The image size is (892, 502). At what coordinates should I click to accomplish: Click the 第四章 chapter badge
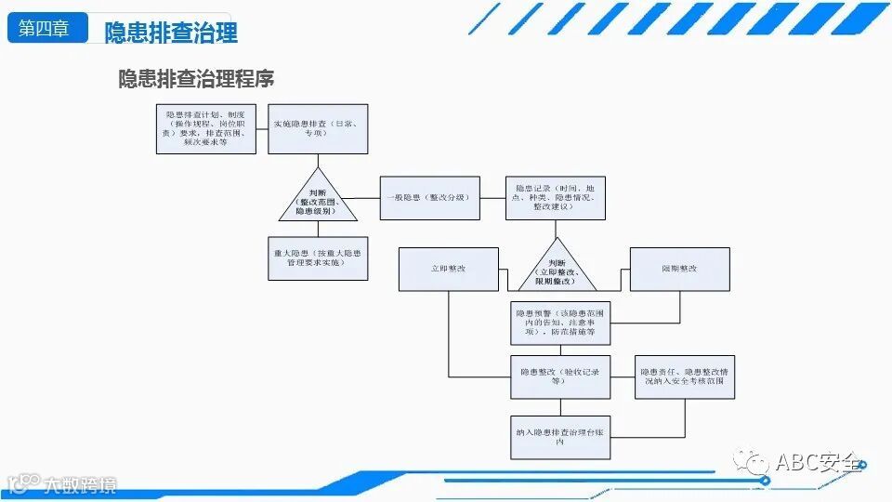45,28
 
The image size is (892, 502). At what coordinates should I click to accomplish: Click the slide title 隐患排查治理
171,33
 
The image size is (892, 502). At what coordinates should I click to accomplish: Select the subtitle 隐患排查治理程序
196,79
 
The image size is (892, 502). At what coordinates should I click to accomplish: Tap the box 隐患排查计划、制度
205,129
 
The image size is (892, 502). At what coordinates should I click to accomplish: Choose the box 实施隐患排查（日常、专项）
319,129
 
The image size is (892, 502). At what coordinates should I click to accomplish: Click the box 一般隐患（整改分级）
430,198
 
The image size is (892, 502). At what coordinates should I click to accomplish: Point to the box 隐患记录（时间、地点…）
555,198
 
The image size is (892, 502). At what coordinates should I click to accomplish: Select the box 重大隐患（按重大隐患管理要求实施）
318,258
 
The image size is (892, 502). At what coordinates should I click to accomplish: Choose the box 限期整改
679,269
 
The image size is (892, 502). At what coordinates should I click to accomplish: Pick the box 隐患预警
560,322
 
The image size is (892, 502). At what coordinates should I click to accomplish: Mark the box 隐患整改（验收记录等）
560,376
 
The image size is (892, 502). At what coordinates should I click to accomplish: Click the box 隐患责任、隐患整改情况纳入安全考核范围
685,376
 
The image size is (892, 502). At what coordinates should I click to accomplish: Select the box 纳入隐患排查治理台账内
560,437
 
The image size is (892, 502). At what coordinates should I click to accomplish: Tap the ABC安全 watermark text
819,462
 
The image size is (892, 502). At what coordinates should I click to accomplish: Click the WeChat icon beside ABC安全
751,462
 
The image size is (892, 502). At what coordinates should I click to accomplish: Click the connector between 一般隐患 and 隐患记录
492,198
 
